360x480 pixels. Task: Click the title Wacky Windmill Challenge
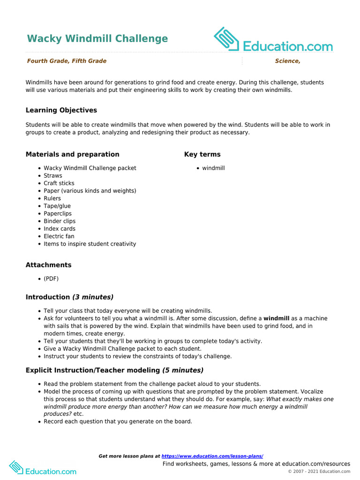97,38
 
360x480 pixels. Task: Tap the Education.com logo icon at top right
227,39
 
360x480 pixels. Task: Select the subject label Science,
287,61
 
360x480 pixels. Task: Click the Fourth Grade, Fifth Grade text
67,61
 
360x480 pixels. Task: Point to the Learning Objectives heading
61,110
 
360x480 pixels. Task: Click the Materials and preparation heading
72,154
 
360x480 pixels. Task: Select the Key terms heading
202,154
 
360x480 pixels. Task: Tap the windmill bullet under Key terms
213,168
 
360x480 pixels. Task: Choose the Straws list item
53,176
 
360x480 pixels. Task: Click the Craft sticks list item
59,183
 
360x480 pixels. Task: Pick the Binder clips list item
60,221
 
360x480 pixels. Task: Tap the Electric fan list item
59,236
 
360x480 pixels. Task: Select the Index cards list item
60,229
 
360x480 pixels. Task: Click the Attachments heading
48,265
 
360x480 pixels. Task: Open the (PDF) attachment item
51,278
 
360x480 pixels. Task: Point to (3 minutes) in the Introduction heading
93,297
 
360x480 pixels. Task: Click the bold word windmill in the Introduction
276,318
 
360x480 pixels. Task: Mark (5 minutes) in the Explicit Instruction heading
183,370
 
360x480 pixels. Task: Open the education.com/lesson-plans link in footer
212,456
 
